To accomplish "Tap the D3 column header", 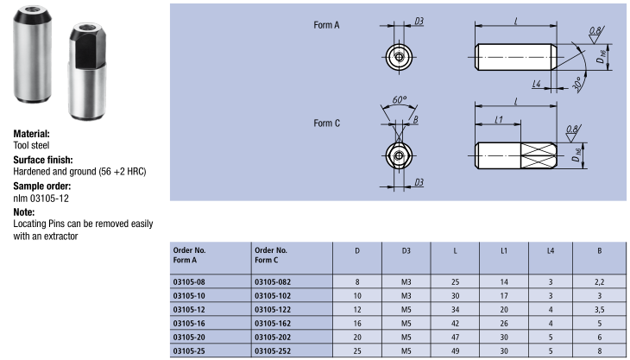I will pyautogui.click(x=406, y=250).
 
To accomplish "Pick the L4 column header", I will pyautogui.click(x=551, y=250).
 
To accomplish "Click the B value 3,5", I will pyautogui.click(x=600, y=308).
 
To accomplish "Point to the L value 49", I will pyautogui.click(x=455, y=351).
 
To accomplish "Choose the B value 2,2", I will pyautogui.click(x=600, y=281).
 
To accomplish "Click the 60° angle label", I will pyautogui.click(x=399, y=100).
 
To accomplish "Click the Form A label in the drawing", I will pyautogui.click(x=326, y=26).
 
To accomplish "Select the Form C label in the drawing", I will pyautogui.click(x=326, y=123).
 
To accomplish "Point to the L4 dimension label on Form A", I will pyautogui.click(x=537, y=84).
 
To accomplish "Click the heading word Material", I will pyautogui.click(x=32, y=135).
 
